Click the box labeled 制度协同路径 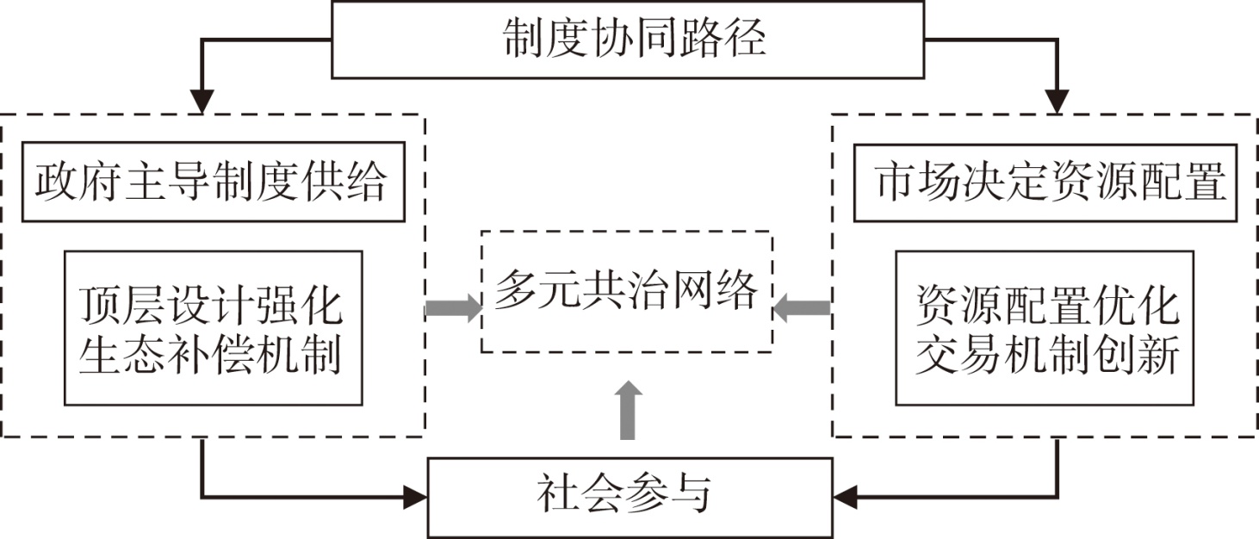627,40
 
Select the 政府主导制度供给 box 212,183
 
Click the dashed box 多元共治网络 626,291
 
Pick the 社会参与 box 630,497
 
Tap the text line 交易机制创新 1045,356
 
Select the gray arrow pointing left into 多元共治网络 802,307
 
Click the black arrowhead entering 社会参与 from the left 417,497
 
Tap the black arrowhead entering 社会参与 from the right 845,497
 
